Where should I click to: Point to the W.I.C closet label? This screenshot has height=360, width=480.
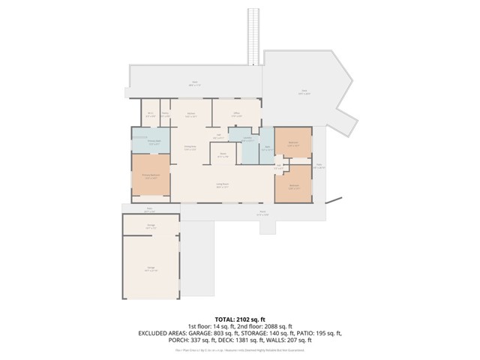click(x=150, y=115)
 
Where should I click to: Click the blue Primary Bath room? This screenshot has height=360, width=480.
click(x=152, y=143)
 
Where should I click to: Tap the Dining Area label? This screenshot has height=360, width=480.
click(x=190, y=148)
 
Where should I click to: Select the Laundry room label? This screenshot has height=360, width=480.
click(x=247, y=139)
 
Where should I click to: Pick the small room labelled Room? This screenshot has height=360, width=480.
click(x=223, y=155)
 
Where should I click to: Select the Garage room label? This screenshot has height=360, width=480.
click(x=151, y=269)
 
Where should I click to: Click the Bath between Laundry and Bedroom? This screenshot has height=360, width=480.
click(x=265, y=148)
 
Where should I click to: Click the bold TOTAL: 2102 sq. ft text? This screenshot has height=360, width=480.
click(x=240, y=318)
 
